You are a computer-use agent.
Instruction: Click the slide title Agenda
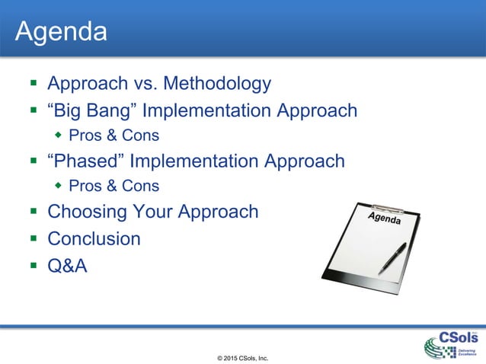[61, 32]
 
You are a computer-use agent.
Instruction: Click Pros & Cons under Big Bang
[114, 136]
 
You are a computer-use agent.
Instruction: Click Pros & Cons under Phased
[114, 186]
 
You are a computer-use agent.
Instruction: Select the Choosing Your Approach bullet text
[152, 212]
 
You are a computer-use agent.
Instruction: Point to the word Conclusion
[94, 238]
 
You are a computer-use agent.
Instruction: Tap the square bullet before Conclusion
[33, 239]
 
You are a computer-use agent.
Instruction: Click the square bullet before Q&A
[33, 266]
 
